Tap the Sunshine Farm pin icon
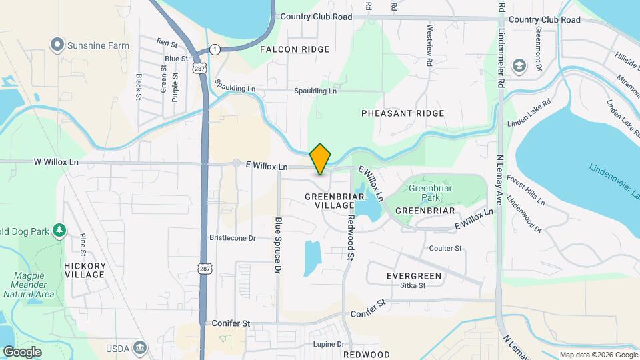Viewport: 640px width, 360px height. pyautogui.click(x=57, y=45)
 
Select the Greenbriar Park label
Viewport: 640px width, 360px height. pyautogui.click(x=425, y=193)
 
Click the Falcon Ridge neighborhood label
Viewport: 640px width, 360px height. pyautogui.click(x=295, y=49)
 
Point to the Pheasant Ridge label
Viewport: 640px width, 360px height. pyautogui.click(x=403, y=113)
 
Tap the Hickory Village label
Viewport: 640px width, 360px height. pyautogui.click(x=85, y=270)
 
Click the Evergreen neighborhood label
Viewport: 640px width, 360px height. pyautogui.click(x=414, y=275)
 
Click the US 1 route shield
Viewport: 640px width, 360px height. pyautogui.click(x=215, y=49)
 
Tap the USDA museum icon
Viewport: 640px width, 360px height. pyautogui.click(x=140, y=347)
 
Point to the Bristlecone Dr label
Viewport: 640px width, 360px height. pyautogui.click(x=233, y=238)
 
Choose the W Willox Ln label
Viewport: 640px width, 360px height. pyautogui.click(x=56, y=162)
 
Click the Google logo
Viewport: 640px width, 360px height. pyautogui.click(x=22, y=351)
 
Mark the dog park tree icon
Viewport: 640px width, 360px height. pyautogui.click(x=59, y=230)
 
